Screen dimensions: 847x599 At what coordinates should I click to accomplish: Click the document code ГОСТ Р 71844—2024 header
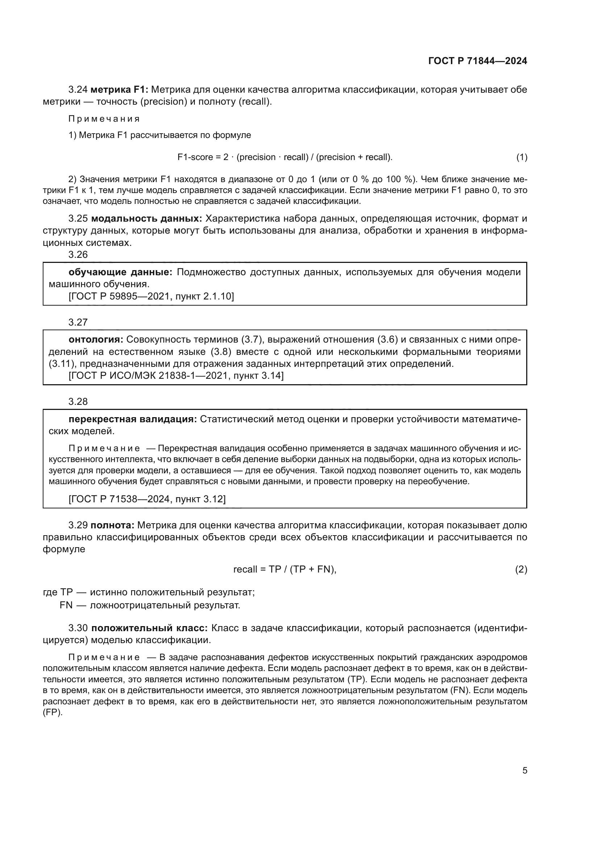[x=477, y=61]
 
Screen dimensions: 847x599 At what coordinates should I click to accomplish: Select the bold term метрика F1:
[x=119, y=90]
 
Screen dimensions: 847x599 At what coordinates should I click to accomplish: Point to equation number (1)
[x=521, y=157]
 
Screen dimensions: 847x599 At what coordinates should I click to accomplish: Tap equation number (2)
[x=521, y=570]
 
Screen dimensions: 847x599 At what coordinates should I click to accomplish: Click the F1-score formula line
[x=285, y=157]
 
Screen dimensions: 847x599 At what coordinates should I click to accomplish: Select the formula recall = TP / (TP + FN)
[x=285, y=570]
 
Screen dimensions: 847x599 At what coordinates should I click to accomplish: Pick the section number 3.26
[x=78, y=255]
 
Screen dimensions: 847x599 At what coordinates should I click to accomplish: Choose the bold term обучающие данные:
[x=120, y=272]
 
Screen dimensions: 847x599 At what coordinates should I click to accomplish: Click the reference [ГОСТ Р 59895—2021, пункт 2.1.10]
[x=151, y=296]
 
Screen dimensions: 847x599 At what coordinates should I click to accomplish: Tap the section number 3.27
[x=78, y=322]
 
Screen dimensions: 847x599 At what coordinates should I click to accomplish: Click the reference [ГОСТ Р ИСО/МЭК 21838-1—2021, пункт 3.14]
[x=176, y=376]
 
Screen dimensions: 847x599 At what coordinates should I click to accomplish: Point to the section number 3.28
[x=78, y=401]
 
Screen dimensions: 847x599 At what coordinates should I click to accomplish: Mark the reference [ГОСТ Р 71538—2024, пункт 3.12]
[x=147, y=499]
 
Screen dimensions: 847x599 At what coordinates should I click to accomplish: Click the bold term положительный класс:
[x=150, y=628]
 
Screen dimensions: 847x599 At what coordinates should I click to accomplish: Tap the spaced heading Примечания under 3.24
[x=104, y=119]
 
